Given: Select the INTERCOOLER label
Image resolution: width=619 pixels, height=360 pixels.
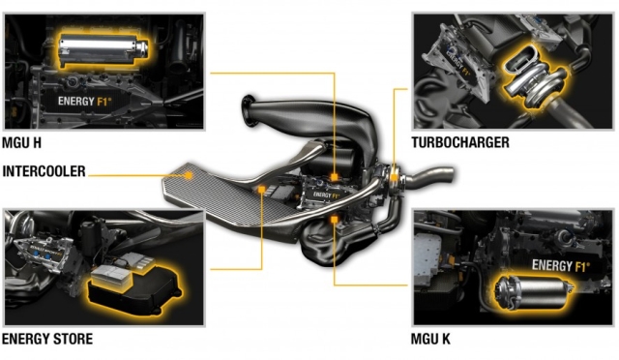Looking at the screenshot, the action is click(x=44, y=172).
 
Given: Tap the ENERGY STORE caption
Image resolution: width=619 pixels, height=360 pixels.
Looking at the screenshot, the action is click(x=47, y=339).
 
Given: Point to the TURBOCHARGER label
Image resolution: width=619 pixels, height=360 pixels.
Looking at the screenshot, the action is click(x=459, y=143).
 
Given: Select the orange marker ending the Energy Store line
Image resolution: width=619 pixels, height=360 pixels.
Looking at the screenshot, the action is click(x=263, y=192).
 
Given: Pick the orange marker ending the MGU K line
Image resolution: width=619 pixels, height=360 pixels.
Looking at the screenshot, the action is click(x=334, y=221).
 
